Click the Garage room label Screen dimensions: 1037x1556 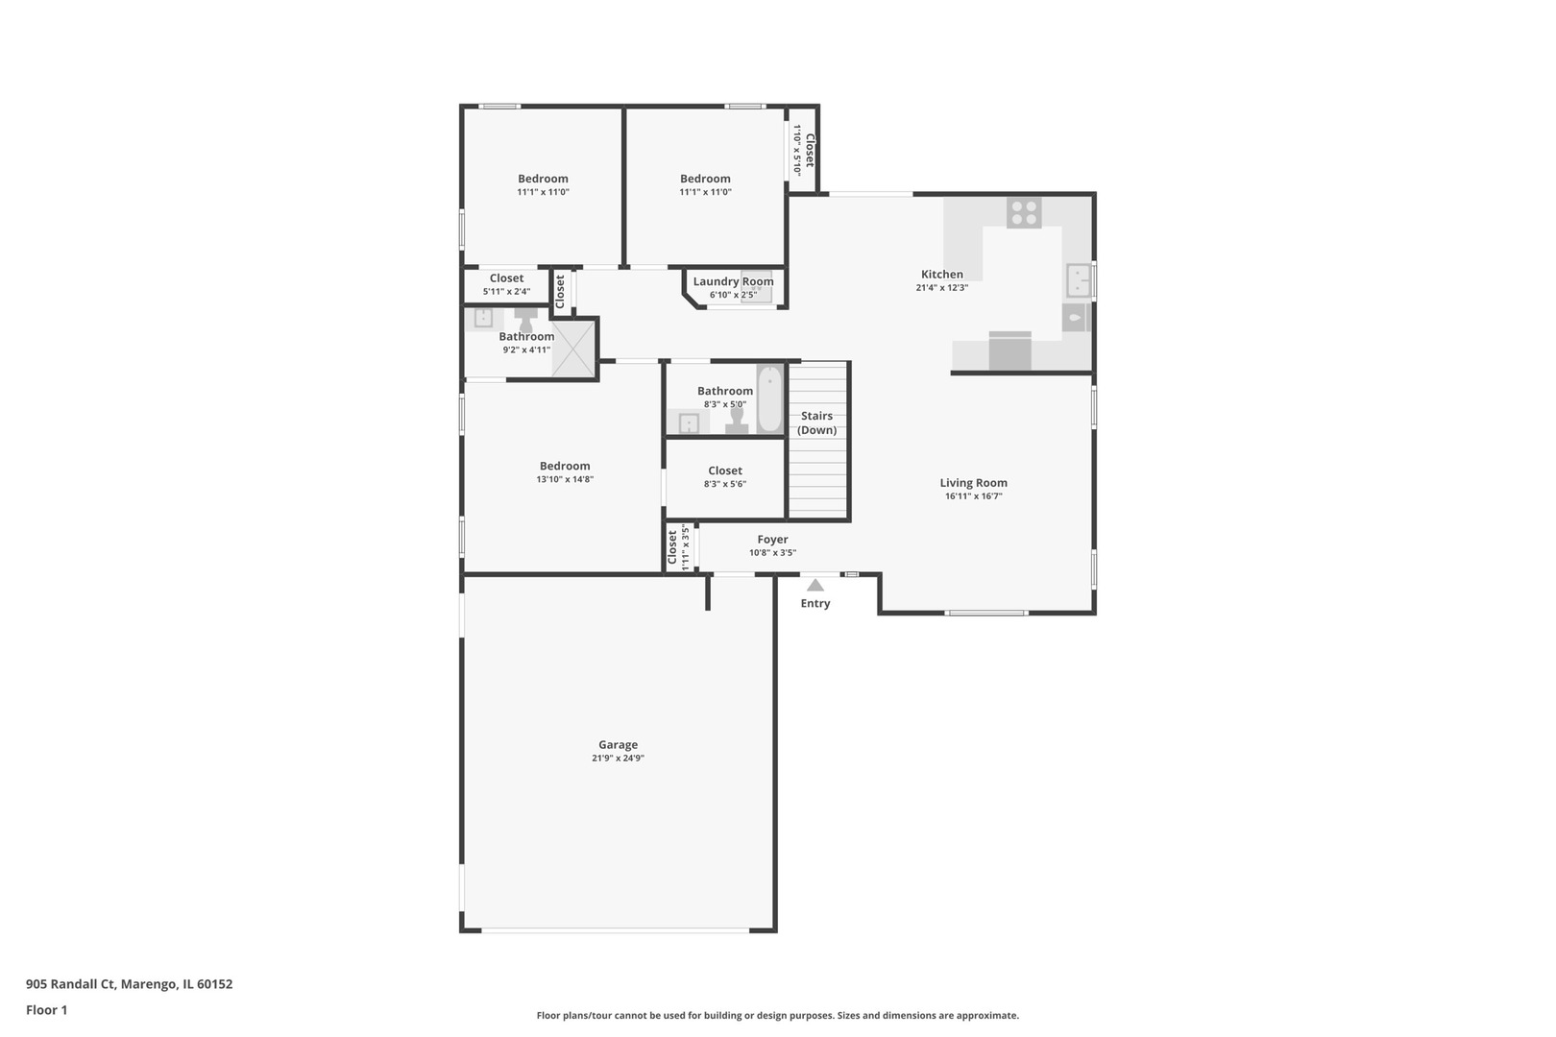(x=618, y=744)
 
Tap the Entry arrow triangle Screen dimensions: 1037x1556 (x=814, y=585)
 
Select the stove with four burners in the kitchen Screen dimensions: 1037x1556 (x=1024, y=212)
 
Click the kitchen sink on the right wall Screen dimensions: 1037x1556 (x=1079, y=280)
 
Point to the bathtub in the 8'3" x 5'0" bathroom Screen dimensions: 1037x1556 (x=769, y=399)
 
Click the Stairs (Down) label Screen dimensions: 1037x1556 (x=816, y=422)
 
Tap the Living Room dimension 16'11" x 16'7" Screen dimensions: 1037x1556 (x=973, y=496)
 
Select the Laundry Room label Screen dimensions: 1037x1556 (x=733, y=281)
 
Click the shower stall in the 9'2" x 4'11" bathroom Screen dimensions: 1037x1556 (x=573, y=347)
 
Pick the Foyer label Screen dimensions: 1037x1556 (x=772, y=540)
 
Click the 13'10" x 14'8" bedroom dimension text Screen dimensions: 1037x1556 (x=565, y=479)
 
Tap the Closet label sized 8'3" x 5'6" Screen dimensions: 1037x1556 (x=724, y=470)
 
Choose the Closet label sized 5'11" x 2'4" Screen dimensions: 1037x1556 (x=506, y=278)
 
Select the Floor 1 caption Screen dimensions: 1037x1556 (x=46, y=1009)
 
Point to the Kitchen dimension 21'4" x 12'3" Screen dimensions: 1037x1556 (x=941, y=287)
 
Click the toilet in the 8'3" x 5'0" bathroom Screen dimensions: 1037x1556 (x=737, y=421)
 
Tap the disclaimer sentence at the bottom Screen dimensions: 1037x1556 (x=777, y=1015)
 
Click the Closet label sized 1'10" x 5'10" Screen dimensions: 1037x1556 (x=810, y=150)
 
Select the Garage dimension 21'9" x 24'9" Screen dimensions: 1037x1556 (x=618, y=758)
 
